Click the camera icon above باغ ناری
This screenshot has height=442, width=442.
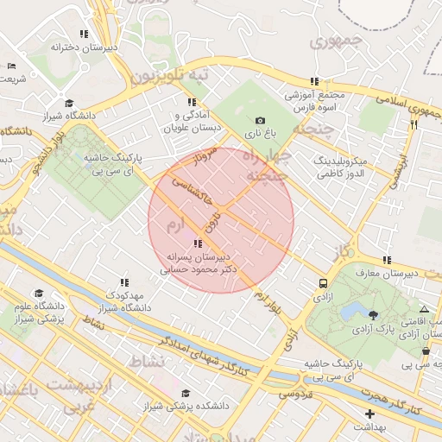[x=261, y=120]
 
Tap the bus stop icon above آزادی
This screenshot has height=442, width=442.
[x=323, y=282]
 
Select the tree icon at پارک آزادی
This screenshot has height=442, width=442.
[x=373, y=315]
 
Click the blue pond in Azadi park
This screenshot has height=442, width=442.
[x=351, y=311]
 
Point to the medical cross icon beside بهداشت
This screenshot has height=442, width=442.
[x=370, y=414]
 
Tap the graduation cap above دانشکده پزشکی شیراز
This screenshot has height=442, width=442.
[x=185, y=393]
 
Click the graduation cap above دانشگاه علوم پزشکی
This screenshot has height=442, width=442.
[x=36, y=294]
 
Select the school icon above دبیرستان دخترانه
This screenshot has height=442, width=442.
[x=84, y=35]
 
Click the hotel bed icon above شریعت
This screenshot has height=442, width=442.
[x=11, y=66]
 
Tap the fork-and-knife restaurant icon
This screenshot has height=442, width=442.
[x=414, y=124]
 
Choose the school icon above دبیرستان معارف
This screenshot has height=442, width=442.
[x=388, y=260]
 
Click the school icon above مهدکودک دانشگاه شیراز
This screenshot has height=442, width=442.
[x=124, y=282]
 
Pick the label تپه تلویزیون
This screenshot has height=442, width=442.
[x=170, y=78]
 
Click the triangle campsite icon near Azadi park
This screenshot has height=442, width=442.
[x=423, y=309]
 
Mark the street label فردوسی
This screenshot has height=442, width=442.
[x=294, y=394]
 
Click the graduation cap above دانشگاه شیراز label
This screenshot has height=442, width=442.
[x=69, y=104]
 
